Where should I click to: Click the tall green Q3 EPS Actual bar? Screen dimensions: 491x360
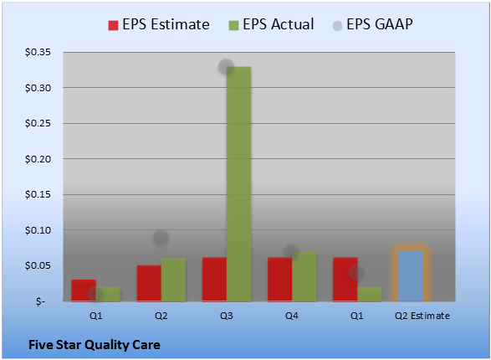click(239, 184)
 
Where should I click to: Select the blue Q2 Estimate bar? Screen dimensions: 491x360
click(411, 276)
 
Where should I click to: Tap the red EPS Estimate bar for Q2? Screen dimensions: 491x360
click(149, 283)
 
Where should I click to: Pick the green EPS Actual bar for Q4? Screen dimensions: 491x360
click(304, 276)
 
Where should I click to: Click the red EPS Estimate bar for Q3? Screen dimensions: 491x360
click(214, 280)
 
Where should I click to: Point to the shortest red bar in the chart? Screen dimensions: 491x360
click(84, 291)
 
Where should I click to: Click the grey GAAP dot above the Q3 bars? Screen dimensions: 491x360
click(226, 66)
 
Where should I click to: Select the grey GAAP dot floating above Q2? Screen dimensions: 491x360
click(161, 238)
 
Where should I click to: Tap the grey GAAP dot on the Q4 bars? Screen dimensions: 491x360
click(292, 252)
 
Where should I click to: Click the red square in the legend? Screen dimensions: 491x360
click(113, 25)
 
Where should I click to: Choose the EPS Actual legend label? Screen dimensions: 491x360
click(278, 24)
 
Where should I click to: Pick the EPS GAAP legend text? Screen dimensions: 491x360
click(380, 24)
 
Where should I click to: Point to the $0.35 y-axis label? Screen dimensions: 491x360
click(38, 52)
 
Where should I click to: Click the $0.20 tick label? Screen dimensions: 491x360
click(38, 159)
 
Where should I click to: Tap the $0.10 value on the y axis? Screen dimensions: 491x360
click(38, 230)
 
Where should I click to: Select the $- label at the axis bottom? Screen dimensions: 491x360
click(40, 301)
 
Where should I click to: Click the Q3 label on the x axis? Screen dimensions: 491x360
click(227, 316)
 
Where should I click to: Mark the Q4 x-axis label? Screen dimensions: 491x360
click(292, 316)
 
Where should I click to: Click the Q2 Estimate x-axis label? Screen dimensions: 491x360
click(422, 316)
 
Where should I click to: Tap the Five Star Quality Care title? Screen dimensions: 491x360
click(95, 345)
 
